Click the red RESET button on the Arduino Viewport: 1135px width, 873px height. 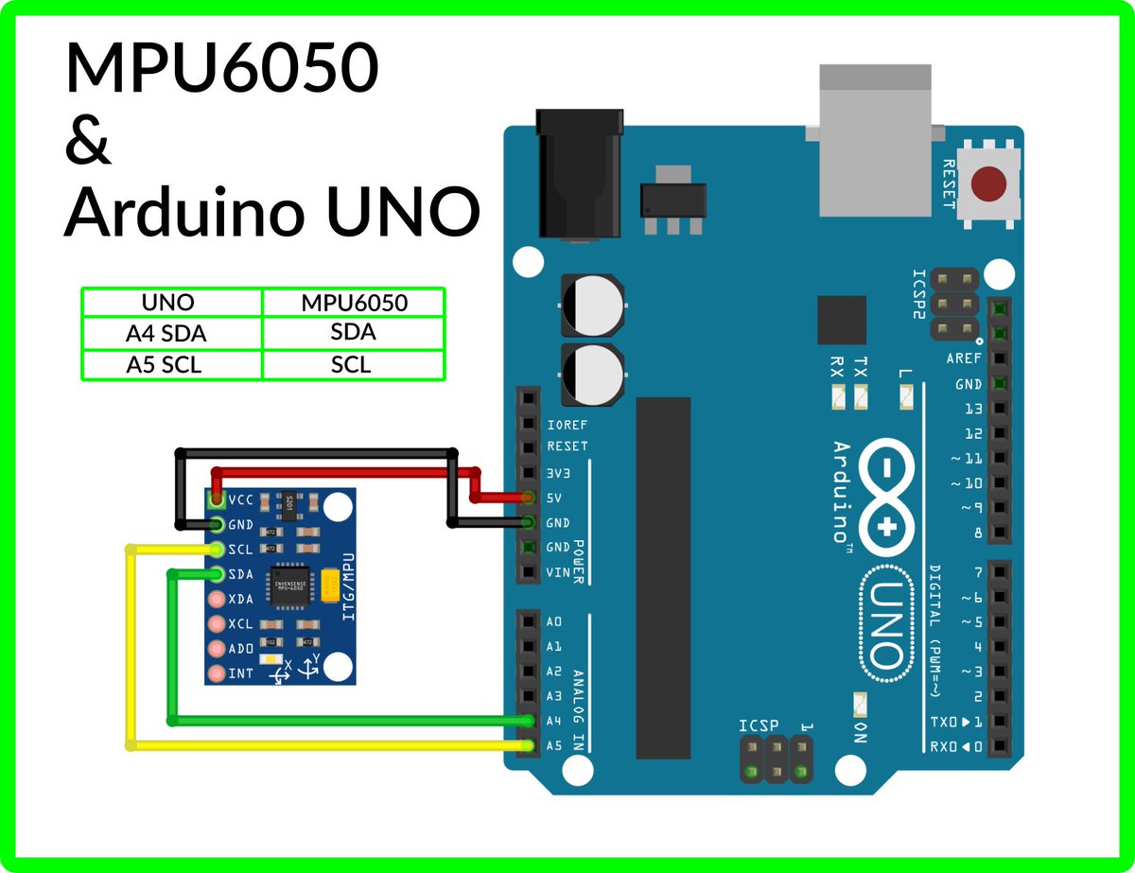point(989,183)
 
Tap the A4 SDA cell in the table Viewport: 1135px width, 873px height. point(171,333)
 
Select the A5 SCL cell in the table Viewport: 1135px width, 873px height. point(171,364)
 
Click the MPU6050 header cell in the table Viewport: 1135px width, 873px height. point(354,303)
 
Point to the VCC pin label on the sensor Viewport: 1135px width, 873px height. point(240,498)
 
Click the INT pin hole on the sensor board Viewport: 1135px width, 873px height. point(217,674)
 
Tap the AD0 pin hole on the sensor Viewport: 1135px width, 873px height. point(217,649)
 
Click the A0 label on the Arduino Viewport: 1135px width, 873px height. point(554,622)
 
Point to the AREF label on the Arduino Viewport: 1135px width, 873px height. point(964,359)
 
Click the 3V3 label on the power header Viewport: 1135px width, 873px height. point(560,472)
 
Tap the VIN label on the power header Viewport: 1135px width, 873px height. point(558,572)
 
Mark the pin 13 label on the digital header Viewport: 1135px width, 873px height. point(972,409)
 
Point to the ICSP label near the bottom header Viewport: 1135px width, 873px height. point(759,725)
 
